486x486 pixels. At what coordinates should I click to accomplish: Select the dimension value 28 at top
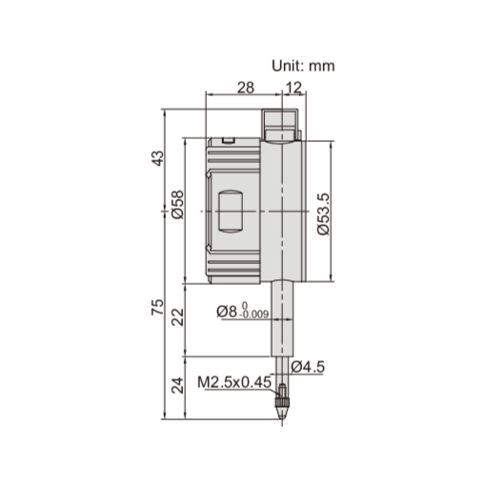[245, 88]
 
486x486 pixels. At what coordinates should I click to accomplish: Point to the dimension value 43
[158, 159]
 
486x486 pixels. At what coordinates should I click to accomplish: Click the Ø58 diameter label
[177, 206]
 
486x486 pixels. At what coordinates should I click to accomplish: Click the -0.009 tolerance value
[254, 314]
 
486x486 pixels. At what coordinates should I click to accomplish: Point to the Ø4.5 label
[310, 366]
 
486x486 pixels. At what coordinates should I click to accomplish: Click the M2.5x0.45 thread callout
[233, 383]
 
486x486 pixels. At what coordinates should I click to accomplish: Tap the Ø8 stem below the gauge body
[281, 314]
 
